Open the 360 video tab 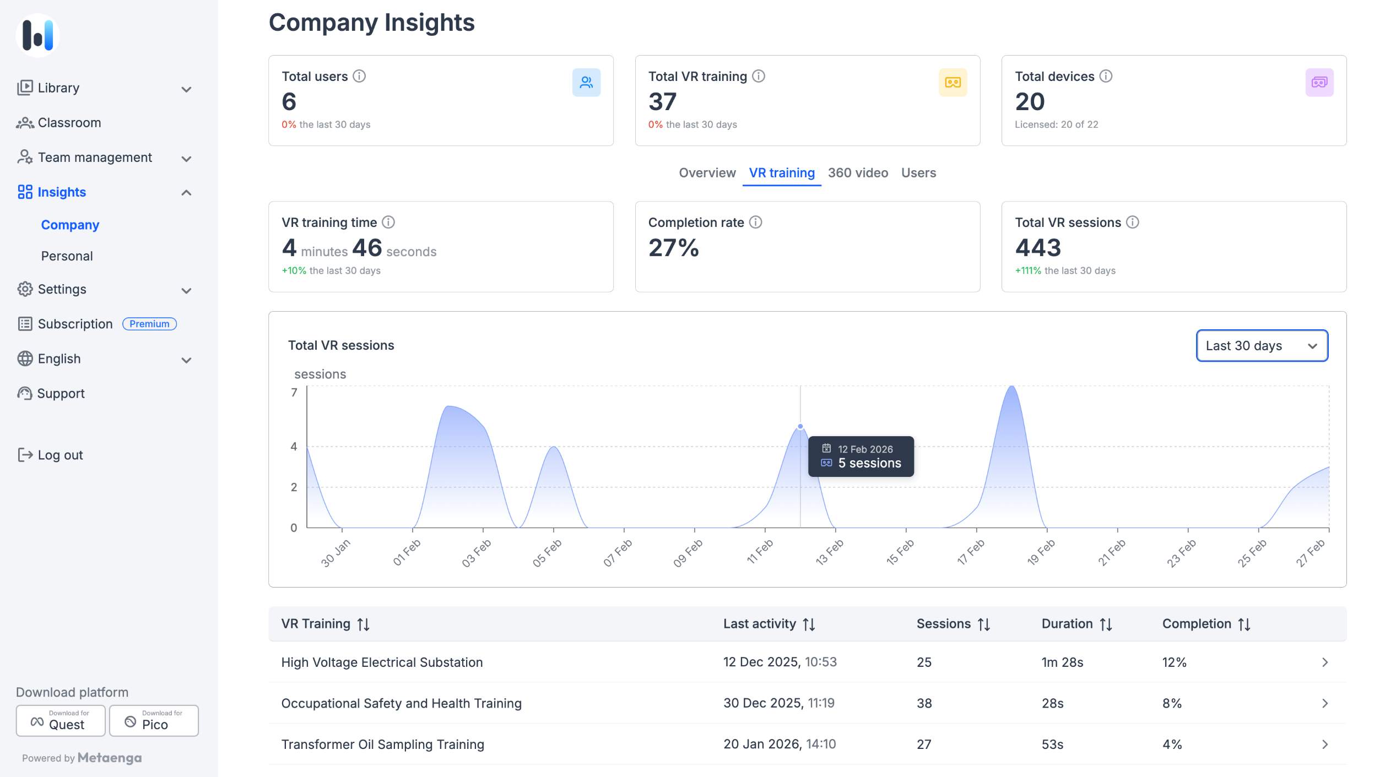(858, 173)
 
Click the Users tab (918, 173)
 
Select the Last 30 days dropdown (1262, 346)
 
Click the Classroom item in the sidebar (69, 123)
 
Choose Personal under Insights (67, 256)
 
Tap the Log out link (60, 455)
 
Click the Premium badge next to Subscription (149, 324)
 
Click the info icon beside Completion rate (756, 222)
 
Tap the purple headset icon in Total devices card (1319, 83)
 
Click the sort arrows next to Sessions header (984, 624)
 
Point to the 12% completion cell (1174, 662)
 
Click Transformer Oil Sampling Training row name (382, 745)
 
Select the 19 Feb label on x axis (1041, 552)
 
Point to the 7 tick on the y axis (294, 393)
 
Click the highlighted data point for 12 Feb (800, 426)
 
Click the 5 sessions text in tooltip (869, 463)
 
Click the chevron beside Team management (186, 159)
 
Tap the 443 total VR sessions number (1038, 248)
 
